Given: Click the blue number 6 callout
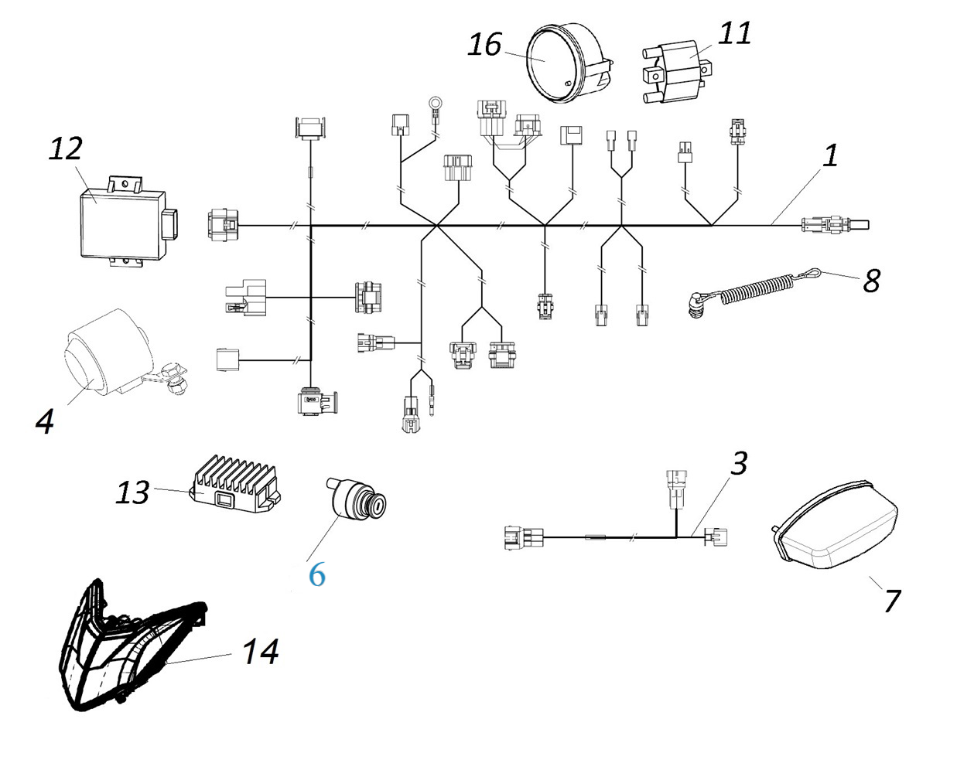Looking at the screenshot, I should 316,574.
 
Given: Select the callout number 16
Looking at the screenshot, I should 484,45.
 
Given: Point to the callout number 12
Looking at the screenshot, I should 65,148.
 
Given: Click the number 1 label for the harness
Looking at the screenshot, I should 829,155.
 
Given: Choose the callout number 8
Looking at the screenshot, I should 871,281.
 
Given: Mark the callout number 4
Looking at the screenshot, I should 45,421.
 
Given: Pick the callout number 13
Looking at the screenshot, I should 132,492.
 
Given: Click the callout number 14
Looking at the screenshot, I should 260,652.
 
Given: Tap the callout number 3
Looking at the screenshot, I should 739,464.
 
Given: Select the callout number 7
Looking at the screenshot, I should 892,600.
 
